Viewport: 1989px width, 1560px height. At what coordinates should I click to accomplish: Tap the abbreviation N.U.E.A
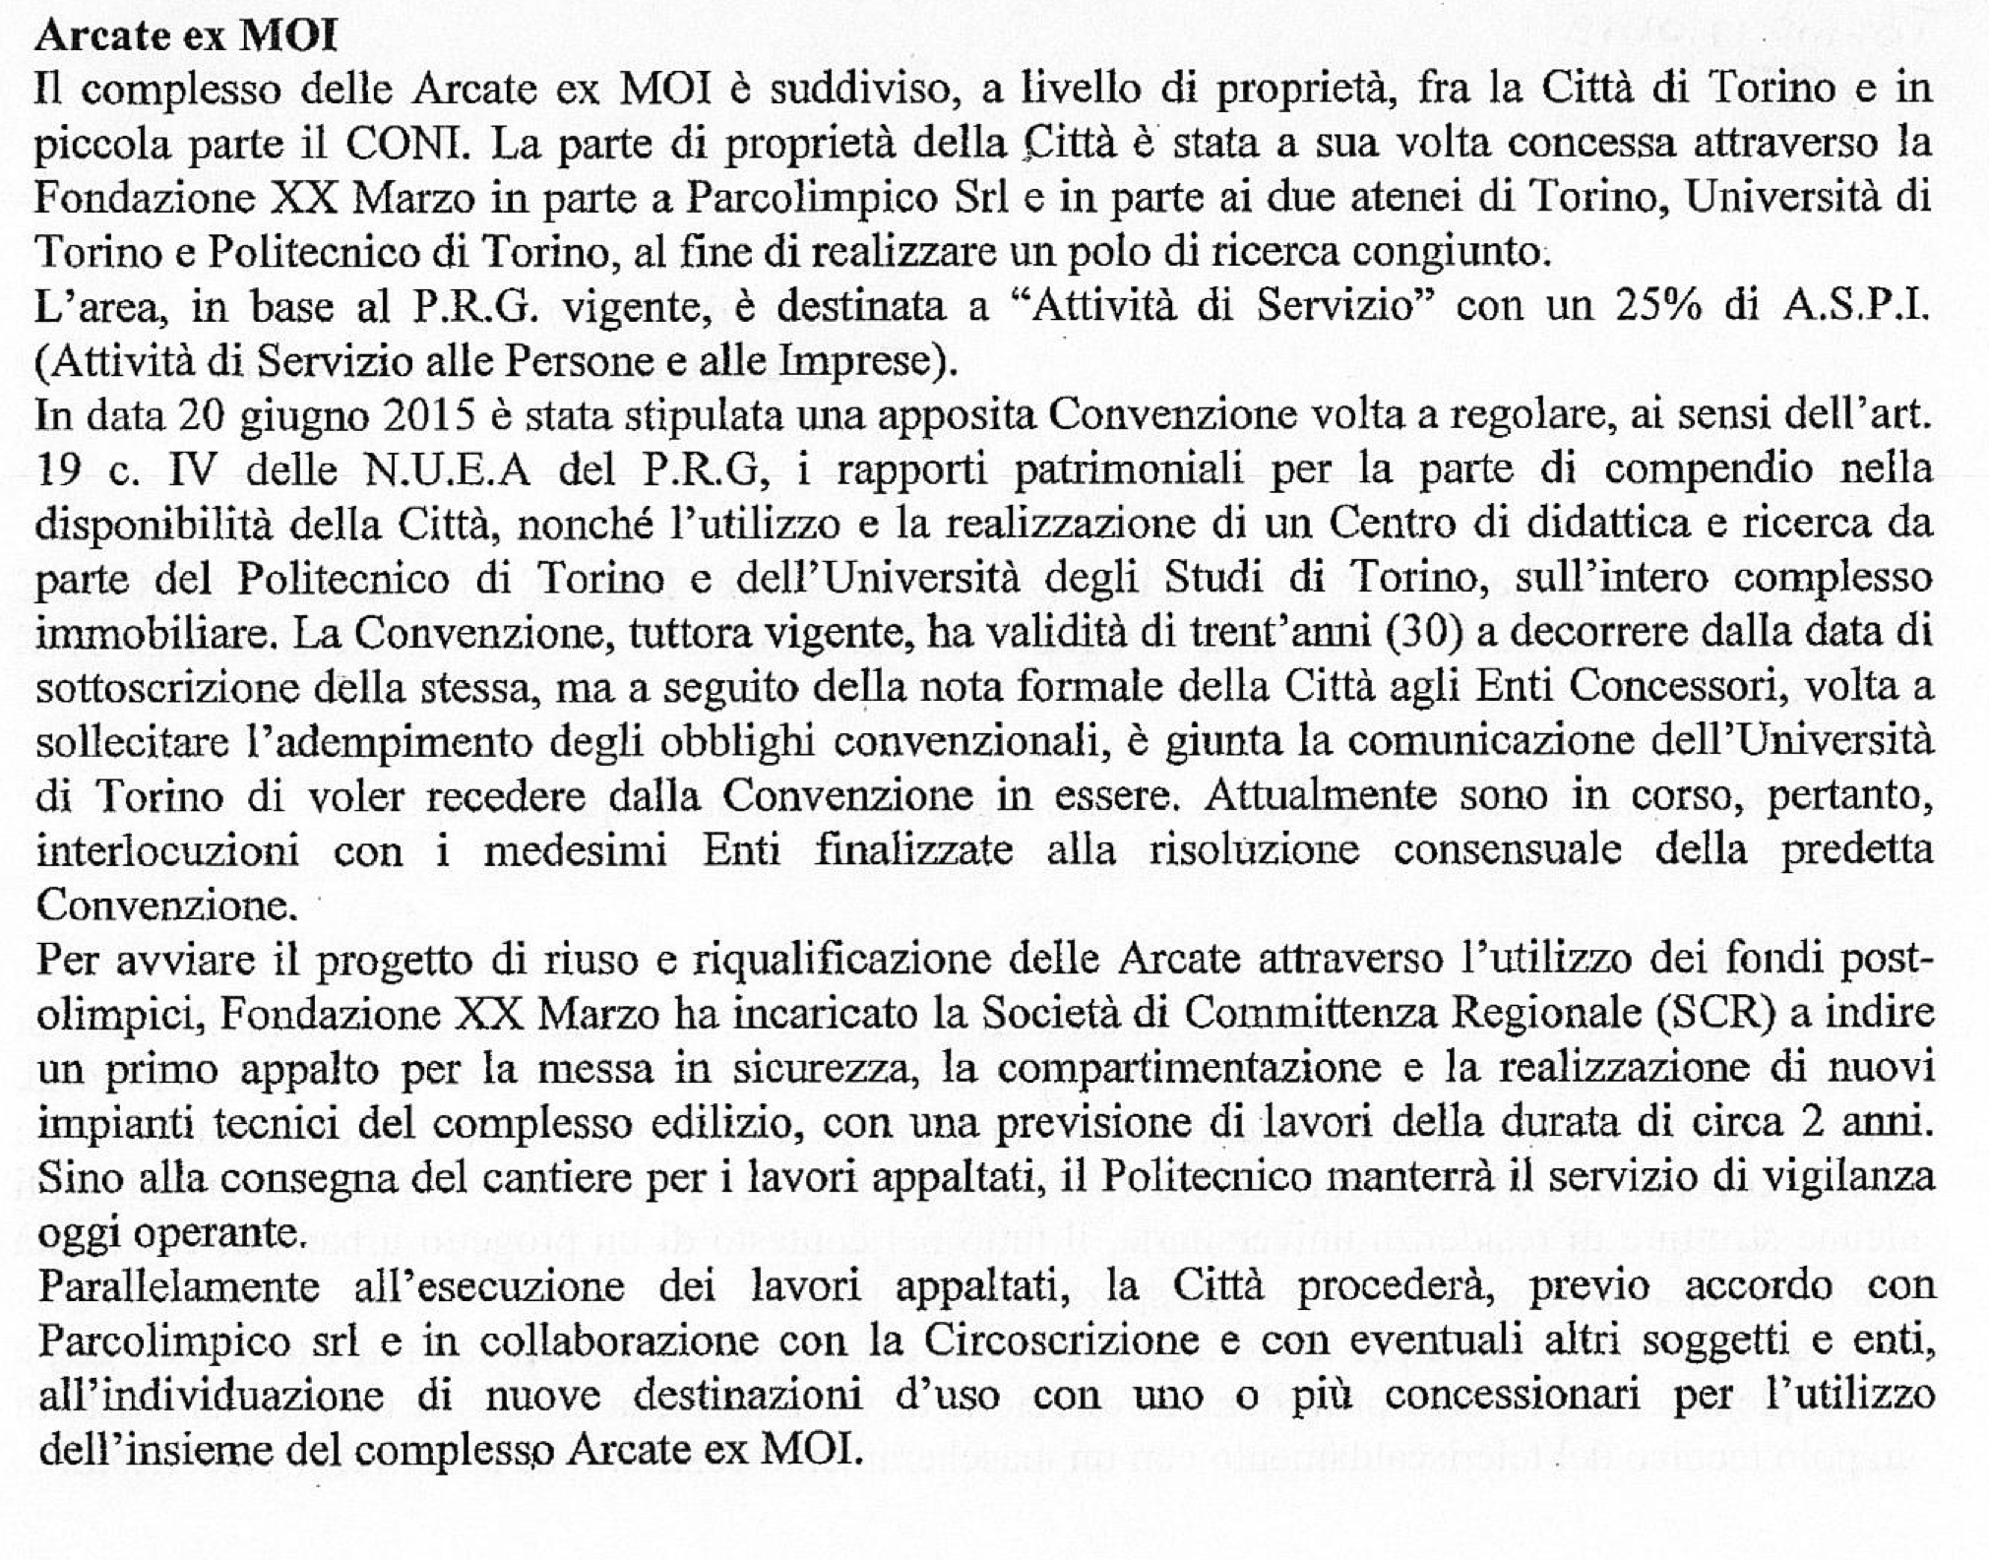click(x=449, y=471)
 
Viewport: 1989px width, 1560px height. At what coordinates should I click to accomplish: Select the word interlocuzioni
click(x=167, y=849)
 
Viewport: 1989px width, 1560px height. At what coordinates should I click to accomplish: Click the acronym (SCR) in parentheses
click(x=1714, y=1014)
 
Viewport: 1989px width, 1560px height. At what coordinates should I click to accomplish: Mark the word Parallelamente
click(x=178, y=1286)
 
